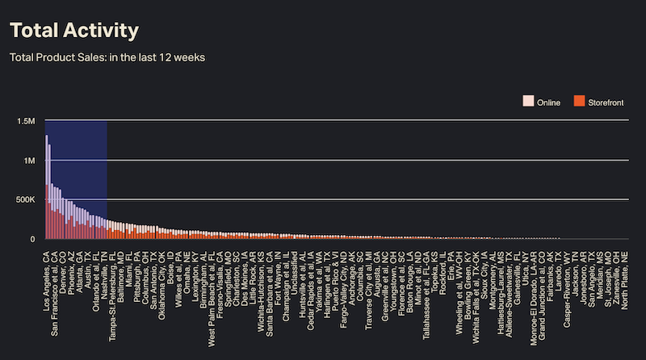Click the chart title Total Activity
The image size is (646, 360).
tap(73, 31)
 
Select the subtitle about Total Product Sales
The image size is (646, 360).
tap(107, 58)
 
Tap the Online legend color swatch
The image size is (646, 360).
tap(529, 101)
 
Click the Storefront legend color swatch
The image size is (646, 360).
tap(578, 101)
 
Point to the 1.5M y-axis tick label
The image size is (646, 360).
tap(26, 121)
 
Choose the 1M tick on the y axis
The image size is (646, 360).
tap(29, 161)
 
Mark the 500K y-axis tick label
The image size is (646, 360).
tap(26, 199)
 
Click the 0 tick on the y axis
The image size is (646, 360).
tap(33, 239)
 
